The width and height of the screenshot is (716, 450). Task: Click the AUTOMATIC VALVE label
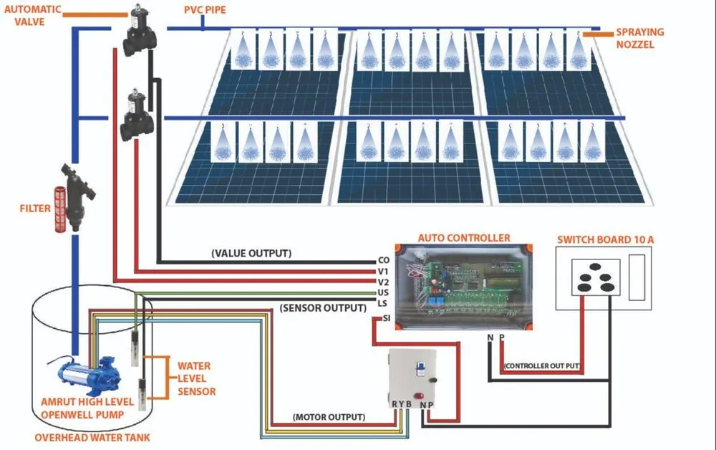(32, 16)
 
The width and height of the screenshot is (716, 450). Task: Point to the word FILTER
(35, 209)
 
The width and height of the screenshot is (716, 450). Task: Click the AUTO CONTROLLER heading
(463, 238)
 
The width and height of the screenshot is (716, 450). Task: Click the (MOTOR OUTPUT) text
(329, 417)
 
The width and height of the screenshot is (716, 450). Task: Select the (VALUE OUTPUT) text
(251, 254)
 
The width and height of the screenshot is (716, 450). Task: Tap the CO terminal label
(383, 261)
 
